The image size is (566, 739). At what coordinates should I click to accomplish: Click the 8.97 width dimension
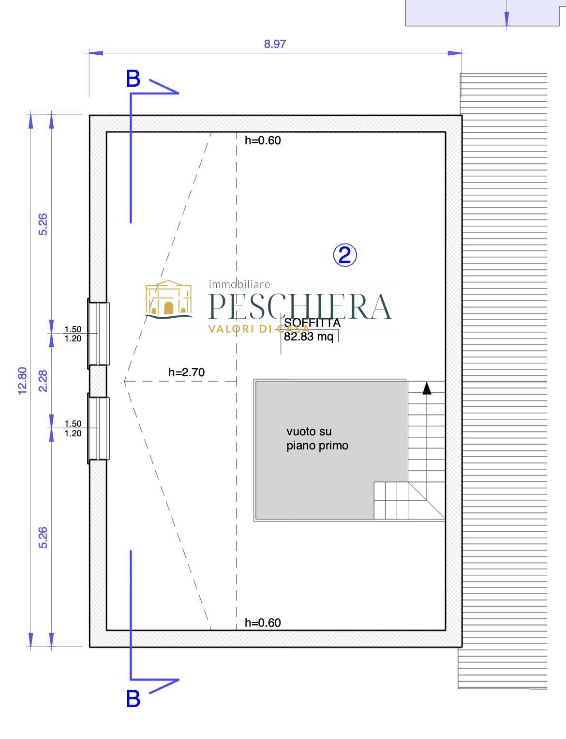[275, 44]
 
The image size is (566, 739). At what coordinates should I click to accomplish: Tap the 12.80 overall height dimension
[22, 381]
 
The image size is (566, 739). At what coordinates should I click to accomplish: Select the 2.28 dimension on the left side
[43, 381]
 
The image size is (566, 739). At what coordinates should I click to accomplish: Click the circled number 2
[345, 255]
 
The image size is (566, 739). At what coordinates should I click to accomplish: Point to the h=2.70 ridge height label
[187, 372]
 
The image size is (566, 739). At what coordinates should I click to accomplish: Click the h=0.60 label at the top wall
[263, 140]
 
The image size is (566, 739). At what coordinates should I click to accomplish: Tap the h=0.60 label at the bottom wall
[263, 623]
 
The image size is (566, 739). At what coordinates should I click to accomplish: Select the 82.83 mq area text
[309, 337]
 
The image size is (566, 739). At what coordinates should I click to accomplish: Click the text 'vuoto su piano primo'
[317, 438]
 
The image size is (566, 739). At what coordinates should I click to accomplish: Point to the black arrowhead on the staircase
[427, 388]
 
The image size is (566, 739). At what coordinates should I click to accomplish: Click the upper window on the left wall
[99, 334]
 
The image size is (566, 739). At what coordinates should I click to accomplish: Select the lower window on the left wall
[99, 429]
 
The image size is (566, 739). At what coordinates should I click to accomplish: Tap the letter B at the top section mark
[133, 78]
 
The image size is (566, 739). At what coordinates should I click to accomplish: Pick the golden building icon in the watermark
[169, 299]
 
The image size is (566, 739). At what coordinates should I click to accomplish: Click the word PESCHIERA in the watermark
[300, 306]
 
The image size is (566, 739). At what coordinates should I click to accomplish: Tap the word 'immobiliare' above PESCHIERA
[239, 284]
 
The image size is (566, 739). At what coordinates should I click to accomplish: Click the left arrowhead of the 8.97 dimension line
[96, 53]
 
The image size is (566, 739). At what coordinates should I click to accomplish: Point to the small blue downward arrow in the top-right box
[506, 19]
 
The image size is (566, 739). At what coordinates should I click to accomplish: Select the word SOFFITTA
[312, 323]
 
